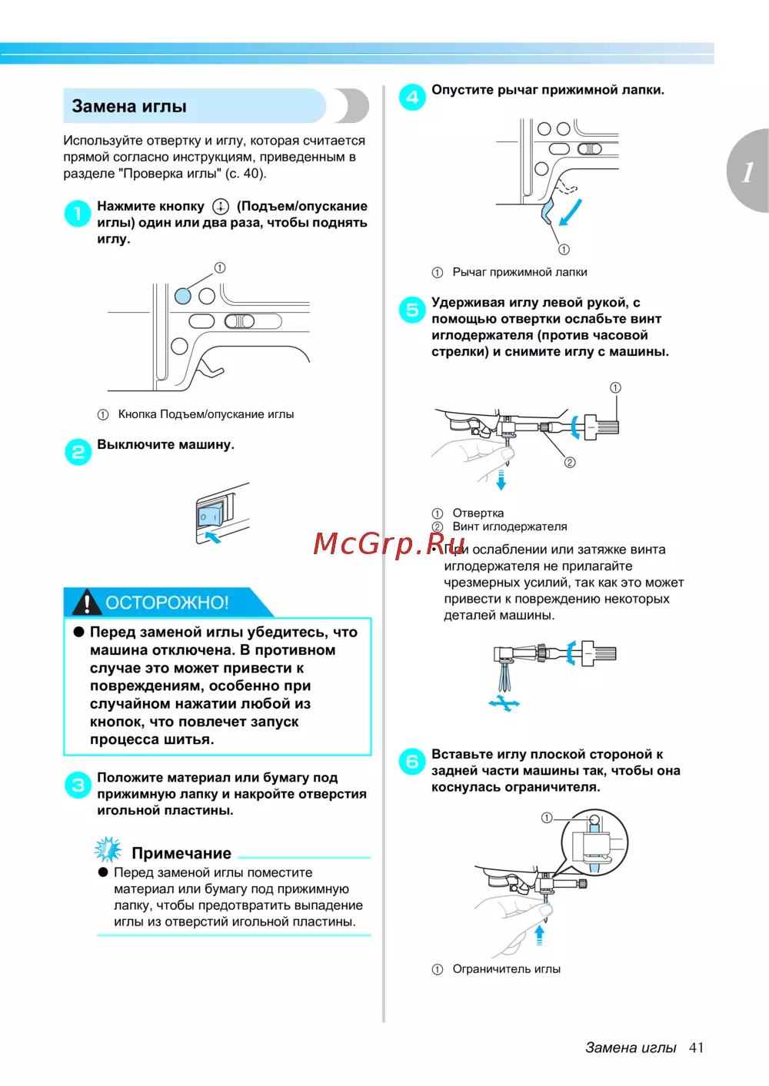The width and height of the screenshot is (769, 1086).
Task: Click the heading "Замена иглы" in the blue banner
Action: pos(129,107)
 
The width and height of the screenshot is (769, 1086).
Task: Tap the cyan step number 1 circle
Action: pos(78,213)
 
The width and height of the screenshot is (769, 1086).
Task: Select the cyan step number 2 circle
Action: pos(78,452)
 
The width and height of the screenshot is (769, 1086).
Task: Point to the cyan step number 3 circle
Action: pos(78,785)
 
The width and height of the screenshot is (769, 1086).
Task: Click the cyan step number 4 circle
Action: pos(412,97)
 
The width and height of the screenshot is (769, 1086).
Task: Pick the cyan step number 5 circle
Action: pos(412,310)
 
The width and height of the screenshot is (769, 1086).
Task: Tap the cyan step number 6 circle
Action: pos(412,762)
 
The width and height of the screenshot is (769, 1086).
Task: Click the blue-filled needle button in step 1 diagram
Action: pos(183,296)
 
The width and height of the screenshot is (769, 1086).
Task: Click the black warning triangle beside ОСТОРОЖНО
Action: pos(87,603)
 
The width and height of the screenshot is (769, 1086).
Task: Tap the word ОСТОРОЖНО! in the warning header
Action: pos(167,603)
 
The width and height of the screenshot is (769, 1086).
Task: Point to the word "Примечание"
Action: pos(181,853)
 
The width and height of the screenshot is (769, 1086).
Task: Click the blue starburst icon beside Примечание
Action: pos(108,849)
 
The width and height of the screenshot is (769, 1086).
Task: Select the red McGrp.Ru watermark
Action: pos(389,543)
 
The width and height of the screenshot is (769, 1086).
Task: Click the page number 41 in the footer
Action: pos(696,1048)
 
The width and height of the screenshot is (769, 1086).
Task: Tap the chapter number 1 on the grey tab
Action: pos(747,171)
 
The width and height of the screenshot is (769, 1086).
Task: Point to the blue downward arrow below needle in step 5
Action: pos(501,480)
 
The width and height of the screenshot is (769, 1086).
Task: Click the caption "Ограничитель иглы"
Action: pos(506,969)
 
